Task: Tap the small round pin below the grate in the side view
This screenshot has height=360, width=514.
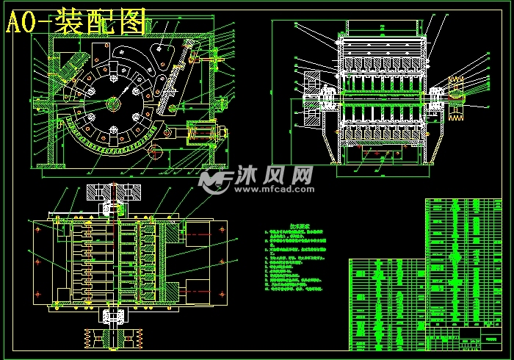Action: click(x=154, y=151)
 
